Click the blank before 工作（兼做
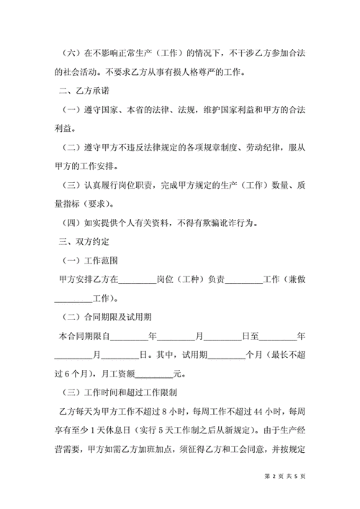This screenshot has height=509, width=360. [244, 278]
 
